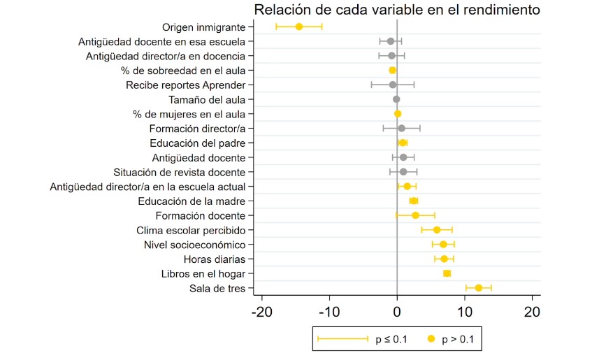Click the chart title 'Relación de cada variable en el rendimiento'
pos(396,10)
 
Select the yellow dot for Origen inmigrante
pos(299,27)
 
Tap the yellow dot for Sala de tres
pos(479,288)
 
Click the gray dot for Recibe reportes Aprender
pos(393,85)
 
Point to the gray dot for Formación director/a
pos(401,129)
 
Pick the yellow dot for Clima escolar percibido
pos(437,230)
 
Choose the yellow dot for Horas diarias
pos(444,259)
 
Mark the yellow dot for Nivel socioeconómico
pos(443,245)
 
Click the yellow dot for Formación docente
pos(415,215)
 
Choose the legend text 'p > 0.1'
pos(459,340)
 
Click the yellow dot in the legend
pos(431,339)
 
